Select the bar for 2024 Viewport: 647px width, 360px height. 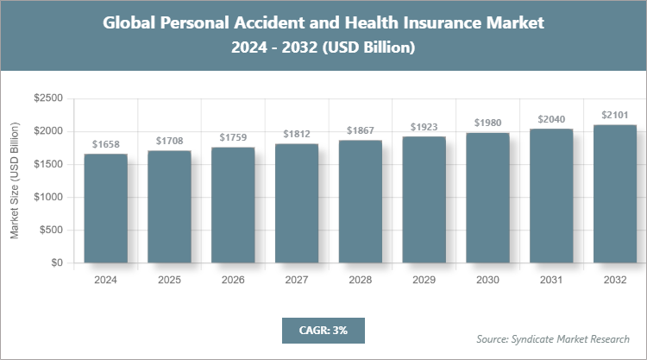tap(105, 208)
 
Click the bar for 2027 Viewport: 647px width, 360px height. tap(297, 203)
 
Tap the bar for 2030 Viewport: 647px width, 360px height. tap(487, 198)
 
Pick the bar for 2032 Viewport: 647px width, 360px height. tap(615, 193)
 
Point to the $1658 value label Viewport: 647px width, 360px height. tap(105, 145)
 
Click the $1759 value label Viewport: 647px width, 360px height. tap(233, 137)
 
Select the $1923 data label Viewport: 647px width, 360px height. tap(424, 126)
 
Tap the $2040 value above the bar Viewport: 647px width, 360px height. tap(551, 119)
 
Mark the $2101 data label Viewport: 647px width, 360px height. tap(615, 115)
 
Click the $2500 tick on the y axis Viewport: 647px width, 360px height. tap(47, 99)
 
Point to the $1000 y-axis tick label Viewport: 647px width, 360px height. tap(47, 197)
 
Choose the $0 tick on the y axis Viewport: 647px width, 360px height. tap(56, 262)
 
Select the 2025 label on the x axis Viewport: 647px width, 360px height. tap(169, 281)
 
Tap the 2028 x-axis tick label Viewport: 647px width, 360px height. tap(360, 281)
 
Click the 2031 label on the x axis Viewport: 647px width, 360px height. tap(551, 281)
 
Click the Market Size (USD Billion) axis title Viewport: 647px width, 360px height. tap(15, 181)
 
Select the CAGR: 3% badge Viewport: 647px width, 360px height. tap(323, 330)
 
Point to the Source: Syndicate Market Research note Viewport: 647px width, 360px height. tap(552, 338)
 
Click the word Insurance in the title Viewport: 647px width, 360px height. tap(445, 23)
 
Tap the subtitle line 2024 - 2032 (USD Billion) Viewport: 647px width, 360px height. tap(323, 48)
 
